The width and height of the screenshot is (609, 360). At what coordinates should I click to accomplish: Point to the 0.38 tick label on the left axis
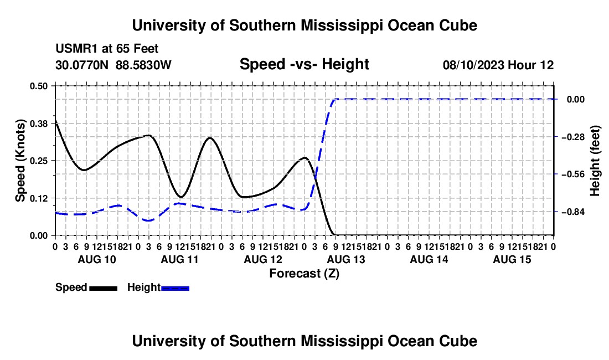(38, 124)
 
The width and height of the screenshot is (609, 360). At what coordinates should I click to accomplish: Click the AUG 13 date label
(346, 259)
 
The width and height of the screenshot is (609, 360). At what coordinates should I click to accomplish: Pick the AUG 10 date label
(97, 259)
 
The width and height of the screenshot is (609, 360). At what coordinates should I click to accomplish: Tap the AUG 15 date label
(512, 259)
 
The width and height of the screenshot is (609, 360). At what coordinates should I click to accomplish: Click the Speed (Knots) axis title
(20, 161)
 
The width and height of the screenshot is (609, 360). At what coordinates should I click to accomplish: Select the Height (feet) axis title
(595, 161)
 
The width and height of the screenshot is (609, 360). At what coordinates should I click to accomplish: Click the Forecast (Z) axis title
(304, 274)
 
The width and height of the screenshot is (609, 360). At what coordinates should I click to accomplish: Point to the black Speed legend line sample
(104, 288)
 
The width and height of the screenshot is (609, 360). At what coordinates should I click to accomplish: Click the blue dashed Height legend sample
(175, 288)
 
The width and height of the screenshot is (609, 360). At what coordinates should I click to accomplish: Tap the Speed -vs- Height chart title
(304, 64)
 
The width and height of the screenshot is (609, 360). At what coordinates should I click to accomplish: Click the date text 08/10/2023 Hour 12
(498, 65)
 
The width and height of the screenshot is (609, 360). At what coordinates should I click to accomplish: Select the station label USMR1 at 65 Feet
(107, 49)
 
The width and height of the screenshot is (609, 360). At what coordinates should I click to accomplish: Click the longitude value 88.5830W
(143, 65)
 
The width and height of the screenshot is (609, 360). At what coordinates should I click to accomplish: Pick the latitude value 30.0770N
(82, 65)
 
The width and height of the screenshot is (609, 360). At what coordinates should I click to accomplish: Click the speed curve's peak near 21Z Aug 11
(210, 138)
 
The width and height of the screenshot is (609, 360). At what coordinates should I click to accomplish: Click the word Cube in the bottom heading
(458, 341)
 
